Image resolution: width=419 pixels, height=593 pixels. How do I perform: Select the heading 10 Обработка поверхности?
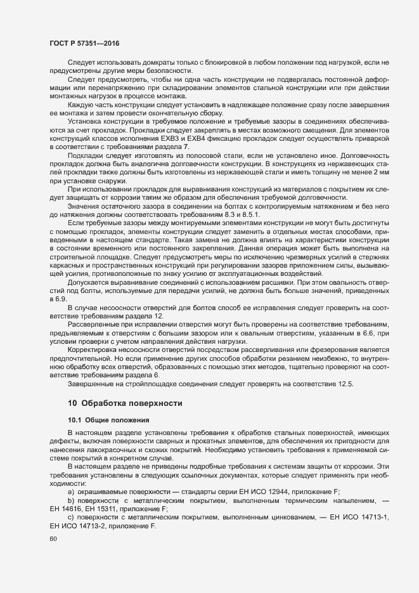pyautogui.click(x=126, y=403)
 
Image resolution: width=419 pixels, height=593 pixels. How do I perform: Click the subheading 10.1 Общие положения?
pyautogui.click(x=108, y=420)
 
